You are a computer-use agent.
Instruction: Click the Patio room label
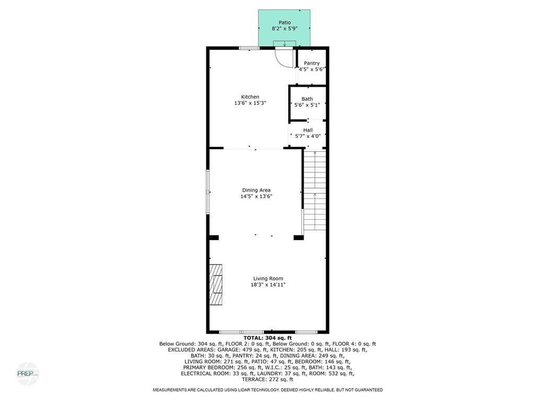pos(284,22)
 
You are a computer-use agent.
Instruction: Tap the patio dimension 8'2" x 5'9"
pos(284,29)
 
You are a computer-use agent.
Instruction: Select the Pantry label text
pos(312,63)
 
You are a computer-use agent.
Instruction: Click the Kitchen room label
pos(250,97)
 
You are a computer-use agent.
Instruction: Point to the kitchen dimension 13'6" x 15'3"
pos(250,103)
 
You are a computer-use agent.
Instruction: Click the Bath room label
pos(307,99)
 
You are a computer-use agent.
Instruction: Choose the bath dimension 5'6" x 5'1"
pos(307,105)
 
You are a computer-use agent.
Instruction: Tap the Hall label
pos(308,130)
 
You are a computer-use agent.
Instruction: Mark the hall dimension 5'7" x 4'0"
pos(308,137)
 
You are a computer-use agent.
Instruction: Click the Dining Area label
pos(256,190)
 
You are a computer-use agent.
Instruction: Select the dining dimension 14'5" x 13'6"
pos(256,197)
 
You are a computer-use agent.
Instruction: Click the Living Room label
pos(268,278)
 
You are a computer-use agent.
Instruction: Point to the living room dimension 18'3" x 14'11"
pos(268,285)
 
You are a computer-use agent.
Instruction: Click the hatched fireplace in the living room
pos(216,285)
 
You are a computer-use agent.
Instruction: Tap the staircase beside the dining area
pos(315,191)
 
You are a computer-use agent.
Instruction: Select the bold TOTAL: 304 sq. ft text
pos(267,338)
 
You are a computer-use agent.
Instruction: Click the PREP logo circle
pos(28,373)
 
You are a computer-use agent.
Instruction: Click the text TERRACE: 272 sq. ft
pos(267,381)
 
